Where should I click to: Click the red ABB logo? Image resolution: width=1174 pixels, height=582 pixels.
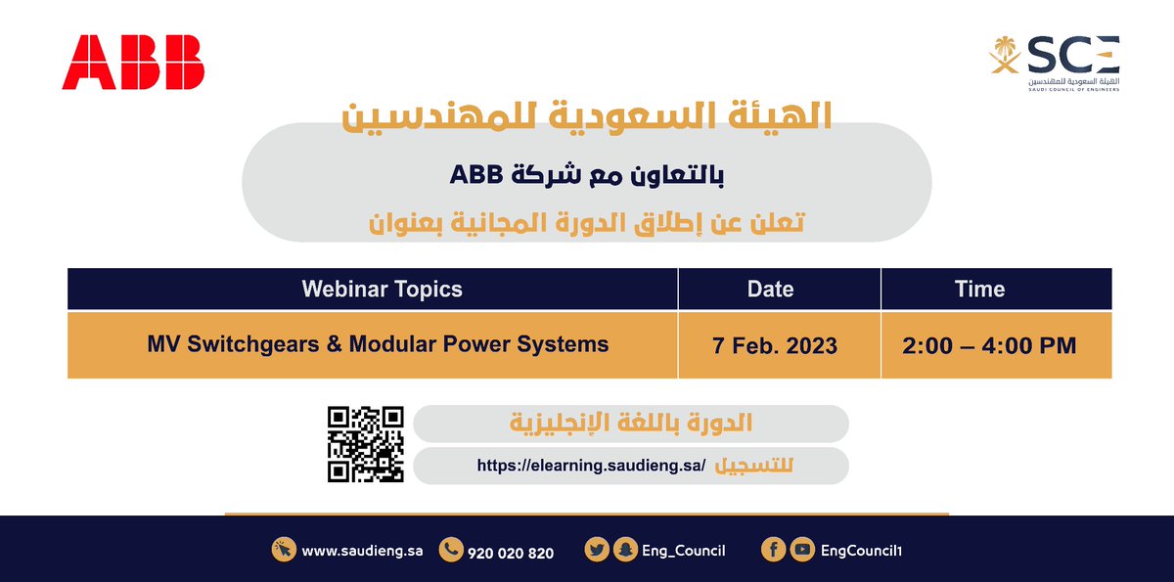pyautogui.click(x=133, y=62)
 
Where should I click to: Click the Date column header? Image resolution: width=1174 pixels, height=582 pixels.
pyautogui.click(x=770, y=289)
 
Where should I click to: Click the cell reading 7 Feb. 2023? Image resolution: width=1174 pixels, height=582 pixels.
pyautogui.click(x=776, y=346)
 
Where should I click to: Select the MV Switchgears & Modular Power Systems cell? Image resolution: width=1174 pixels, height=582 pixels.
pyautogui.click(x=378, y=344)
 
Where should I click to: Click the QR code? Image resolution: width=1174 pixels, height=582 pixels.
pyautogui.click(x=365, y=444)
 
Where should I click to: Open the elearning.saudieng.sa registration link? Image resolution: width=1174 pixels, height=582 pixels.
pyautogui.click(x=591, y=467)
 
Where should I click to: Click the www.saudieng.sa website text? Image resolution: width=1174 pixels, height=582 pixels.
pyautogui.click(x=362, y=552)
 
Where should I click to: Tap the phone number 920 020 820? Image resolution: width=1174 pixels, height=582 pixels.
pyautogui.click(x=511, y=553)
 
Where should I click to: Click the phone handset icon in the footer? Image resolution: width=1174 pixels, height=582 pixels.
pyautogui.click(x=451, y=551)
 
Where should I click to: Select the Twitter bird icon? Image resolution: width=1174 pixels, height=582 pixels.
pyautogui.click(x=596, y=551)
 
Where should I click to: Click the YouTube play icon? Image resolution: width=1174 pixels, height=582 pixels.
pyautogui.click(x=802, y=551)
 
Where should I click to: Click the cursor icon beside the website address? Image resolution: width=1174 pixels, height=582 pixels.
pyautogui.click(x=284, y=551)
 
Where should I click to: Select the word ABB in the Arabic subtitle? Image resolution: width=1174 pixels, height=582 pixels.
pyautogui.click(x=476, y=175)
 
